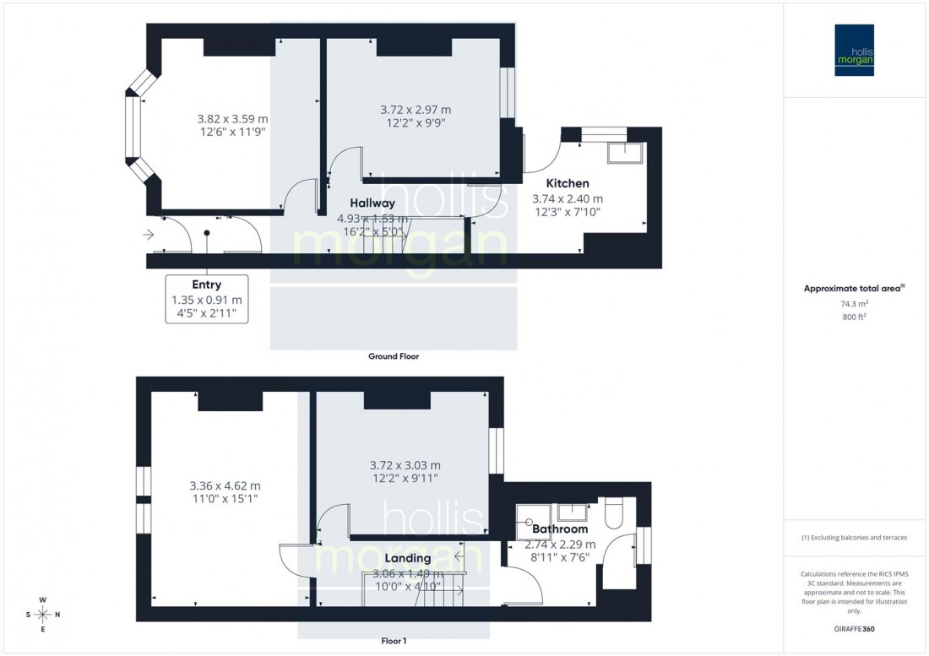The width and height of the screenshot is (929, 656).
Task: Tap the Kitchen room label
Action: pyautogui.click(x=568, y=183)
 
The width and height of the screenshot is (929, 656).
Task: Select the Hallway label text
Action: pyautogui.click(x=372, y=203)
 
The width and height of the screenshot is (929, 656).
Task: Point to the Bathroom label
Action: pyautogui.click(x=560, y=529)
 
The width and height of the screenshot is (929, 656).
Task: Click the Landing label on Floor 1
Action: pyautogui.click(x=408, y=558)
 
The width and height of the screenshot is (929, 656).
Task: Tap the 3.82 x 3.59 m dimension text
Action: pyautogui.click(x=232, y=119)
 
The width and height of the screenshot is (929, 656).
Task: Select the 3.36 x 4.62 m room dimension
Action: pyautogui.click(x=224, y=485)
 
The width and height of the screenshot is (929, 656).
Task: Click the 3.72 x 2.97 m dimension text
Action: pyautogui.click(x=416, y=110)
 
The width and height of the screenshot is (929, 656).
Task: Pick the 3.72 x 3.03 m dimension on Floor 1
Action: pyautogui.click(x=405, y=465)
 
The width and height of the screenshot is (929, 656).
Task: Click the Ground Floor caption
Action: pyautogui.click(x=394, y=356)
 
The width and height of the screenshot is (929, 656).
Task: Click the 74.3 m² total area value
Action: pyautogui.click(x=855, y=303)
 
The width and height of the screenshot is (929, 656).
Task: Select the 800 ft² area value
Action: pyautogui.click(x=855, y=317)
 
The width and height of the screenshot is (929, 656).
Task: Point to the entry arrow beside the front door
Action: pyautogui.click(x=149, y=236)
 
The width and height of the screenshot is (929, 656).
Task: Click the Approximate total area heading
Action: pyautogui.click(x=855, y=288)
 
